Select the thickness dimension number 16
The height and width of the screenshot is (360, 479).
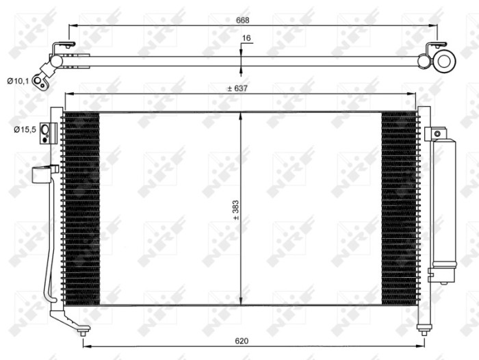click(247, 39)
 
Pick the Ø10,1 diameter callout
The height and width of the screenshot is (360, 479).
click(18, 81)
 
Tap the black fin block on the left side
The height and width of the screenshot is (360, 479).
click(81, 208)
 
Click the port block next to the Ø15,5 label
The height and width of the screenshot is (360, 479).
click(46, 132)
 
